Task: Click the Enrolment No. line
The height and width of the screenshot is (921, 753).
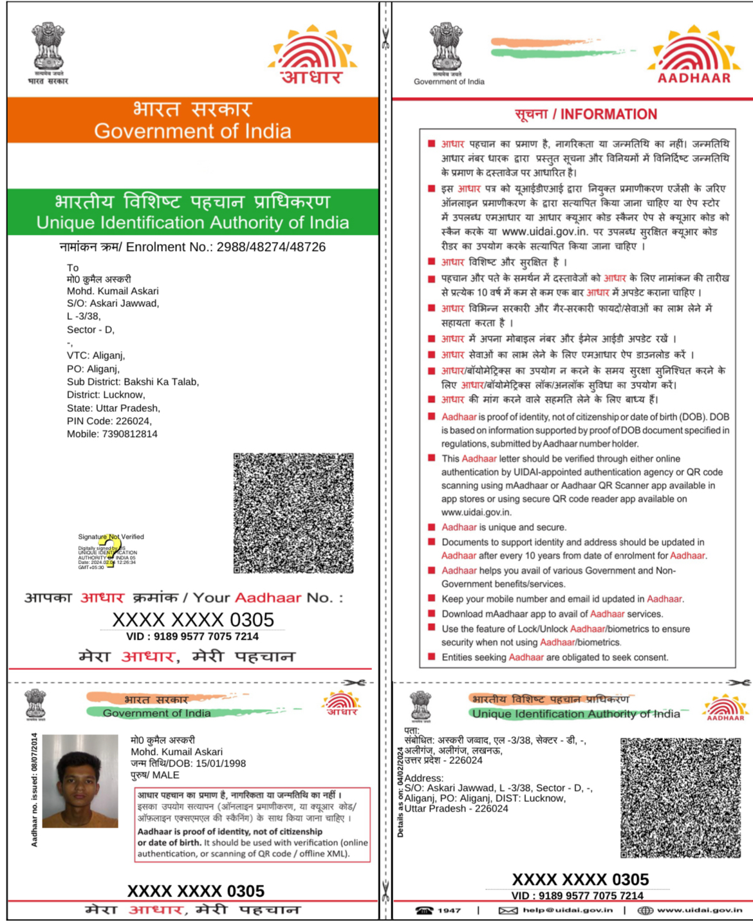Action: tap(192, 247)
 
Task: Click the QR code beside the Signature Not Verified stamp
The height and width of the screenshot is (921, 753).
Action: tap(293, 513)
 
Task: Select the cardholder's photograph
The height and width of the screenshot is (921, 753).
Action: tap(80, 781)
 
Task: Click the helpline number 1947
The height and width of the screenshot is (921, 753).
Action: tap(449, 910)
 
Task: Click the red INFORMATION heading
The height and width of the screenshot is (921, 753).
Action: tap(608, 115)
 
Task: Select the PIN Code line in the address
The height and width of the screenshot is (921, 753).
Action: tap(109, 421)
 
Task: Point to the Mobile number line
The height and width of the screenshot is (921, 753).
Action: tap(112, 434)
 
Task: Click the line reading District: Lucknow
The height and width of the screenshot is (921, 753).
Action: tap(106, 395)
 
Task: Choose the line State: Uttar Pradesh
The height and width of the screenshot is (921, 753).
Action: tap(113, 408)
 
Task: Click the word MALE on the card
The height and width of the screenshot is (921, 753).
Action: tap(166, 775)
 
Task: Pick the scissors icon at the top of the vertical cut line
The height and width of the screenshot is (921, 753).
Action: tap(386, 39)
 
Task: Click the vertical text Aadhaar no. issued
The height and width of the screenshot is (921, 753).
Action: tap(34, 790)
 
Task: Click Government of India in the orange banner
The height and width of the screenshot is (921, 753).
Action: tap(192, 131)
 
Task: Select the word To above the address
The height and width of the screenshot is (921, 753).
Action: tap(73, 268)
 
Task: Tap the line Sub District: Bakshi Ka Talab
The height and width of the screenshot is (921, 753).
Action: tap(133, 382)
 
